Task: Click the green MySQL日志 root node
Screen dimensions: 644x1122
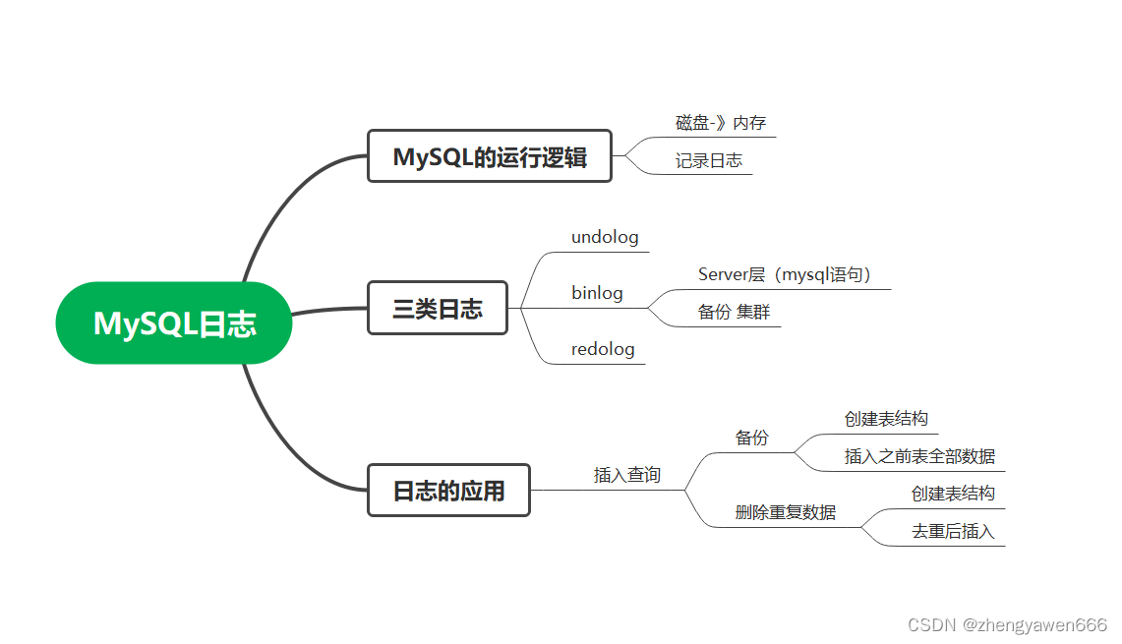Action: pos(174,323)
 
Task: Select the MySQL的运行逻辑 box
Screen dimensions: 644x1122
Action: pos(489,156)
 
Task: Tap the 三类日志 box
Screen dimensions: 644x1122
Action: pos(437,309)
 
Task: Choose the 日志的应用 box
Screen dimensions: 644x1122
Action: pos(448,491)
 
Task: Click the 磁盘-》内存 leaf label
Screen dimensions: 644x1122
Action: pos(720,123)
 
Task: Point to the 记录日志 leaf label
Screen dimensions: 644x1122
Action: pos(708,160)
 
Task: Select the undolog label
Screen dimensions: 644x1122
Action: pos(605,237)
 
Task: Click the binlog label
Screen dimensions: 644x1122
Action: pos(597,293)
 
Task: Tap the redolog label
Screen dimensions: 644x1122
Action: pos(603,349)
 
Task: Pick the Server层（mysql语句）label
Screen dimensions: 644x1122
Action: pos(785,275)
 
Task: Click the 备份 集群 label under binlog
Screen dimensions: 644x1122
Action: pos(734,312)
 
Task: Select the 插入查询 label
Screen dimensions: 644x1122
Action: pos(626,475)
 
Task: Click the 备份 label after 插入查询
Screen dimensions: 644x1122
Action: pos(751,438)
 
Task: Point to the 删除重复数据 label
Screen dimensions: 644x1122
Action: pos(785,512)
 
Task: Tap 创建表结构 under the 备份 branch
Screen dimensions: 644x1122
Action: pos(885,419)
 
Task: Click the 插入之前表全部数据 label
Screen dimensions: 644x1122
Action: pos(918,456)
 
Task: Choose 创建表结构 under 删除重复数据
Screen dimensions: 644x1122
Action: pos(952,494)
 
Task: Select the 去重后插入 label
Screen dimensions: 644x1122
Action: pos(952,532)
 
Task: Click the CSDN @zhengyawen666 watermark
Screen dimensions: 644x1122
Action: pos(1007,625)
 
